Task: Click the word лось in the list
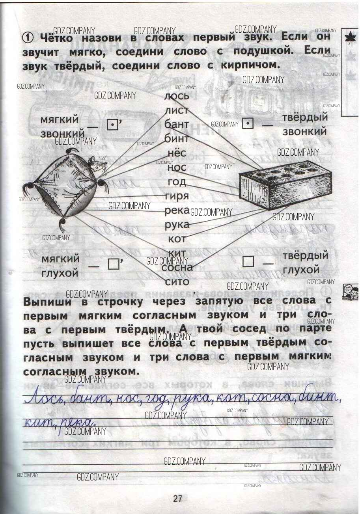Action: click(177, 96)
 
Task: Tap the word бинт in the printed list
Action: click(176, 138)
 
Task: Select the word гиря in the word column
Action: click(178, 196)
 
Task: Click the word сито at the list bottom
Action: click(177, 281)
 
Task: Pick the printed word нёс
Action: click(176, 153)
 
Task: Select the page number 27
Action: click(177, 498)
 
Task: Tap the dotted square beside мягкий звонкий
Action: click(112, 125)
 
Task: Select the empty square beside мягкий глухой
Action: click(113, 264)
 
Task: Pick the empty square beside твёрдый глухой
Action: click(248, 261)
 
